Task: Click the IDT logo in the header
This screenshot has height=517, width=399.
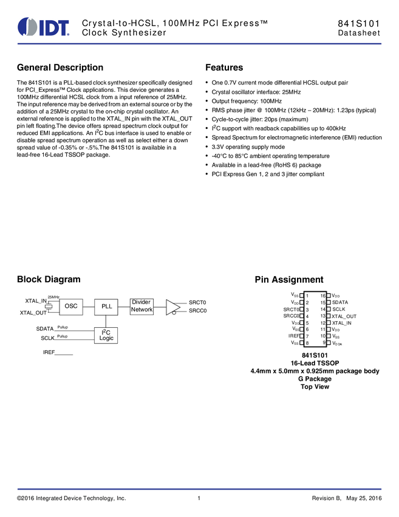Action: [44, 27]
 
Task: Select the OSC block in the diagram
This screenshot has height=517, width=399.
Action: [71, 306]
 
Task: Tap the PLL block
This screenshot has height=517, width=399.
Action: [106, 306]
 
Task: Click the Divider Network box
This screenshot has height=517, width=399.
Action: [142, 306]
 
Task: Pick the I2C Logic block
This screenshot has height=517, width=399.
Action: [106, 335]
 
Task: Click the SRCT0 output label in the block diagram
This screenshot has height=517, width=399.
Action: [197, 302]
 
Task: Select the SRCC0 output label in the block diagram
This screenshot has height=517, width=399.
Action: [197, 311]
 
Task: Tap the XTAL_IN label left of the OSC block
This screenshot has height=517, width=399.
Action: [36, 301]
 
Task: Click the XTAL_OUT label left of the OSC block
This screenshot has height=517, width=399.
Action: [33, 313]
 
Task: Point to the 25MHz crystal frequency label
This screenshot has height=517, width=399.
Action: [53, 296]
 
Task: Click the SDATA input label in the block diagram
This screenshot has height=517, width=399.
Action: [45, 329]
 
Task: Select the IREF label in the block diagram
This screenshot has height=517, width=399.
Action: [49, 352]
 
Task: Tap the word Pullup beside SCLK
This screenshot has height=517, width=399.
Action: [62, 336]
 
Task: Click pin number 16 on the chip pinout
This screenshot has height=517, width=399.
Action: [323, 296]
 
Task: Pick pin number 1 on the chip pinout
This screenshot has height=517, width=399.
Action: [307, 296]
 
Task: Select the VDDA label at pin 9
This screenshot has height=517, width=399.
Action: [337, 344]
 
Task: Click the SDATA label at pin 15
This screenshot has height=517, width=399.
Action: [340, 302]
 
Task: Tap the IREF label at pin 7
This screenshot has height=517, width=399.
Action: [294, 336]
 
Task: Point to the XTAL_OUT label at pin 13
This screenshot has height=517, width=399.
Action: [344, 316]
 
